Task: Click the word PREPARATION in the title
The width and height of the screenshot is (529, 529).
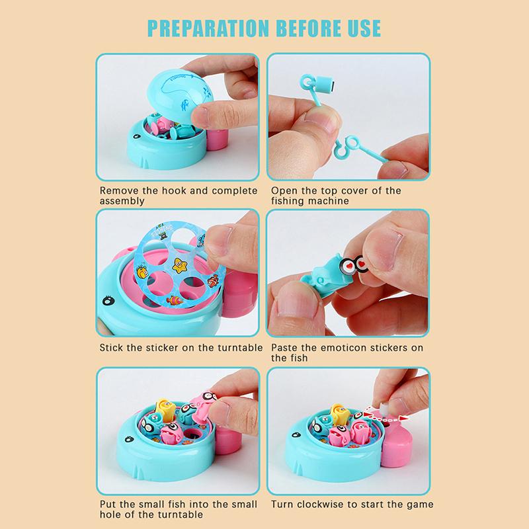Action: tap(208, 28)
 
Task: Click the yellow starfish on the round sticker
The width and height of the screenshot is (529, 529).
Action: tap(180, 265)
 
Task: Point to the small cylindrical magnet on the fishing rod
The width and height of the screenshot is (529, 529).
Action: tap(324, 85)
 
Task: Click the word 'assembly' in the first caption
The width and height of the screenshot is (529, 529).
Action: tap(122, 202)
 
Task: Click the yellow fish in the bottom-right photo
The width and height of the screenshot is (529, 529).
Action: tap(341, 413)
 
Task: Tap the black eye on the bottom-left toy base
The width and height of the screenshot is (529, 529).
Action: tap(129, 439)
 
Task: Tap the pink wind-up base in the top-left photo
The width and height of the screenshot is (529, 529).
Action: tap(218, 139)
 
